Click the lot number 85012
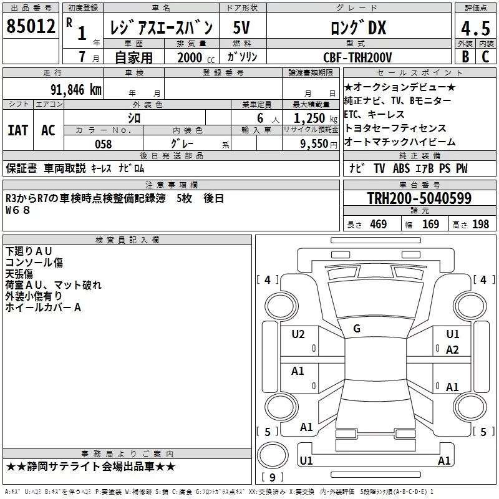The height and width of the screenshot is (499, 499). [31, 26]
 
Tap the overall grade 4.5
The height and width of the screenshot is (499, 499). [475, 28]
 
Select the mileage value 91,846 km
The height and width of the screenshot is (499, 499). [76, 90]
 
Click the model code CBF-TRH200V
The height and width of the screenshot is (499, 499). [357, 57]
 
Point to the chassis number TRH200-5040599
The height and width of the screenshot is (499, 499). [419, 198]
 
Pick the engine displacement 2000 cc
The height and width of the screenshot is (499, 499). [196, 57]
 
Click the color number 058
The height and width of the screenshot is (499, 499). [104, 144]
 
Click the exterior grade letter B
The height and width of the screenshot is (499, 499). [465, 57]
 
